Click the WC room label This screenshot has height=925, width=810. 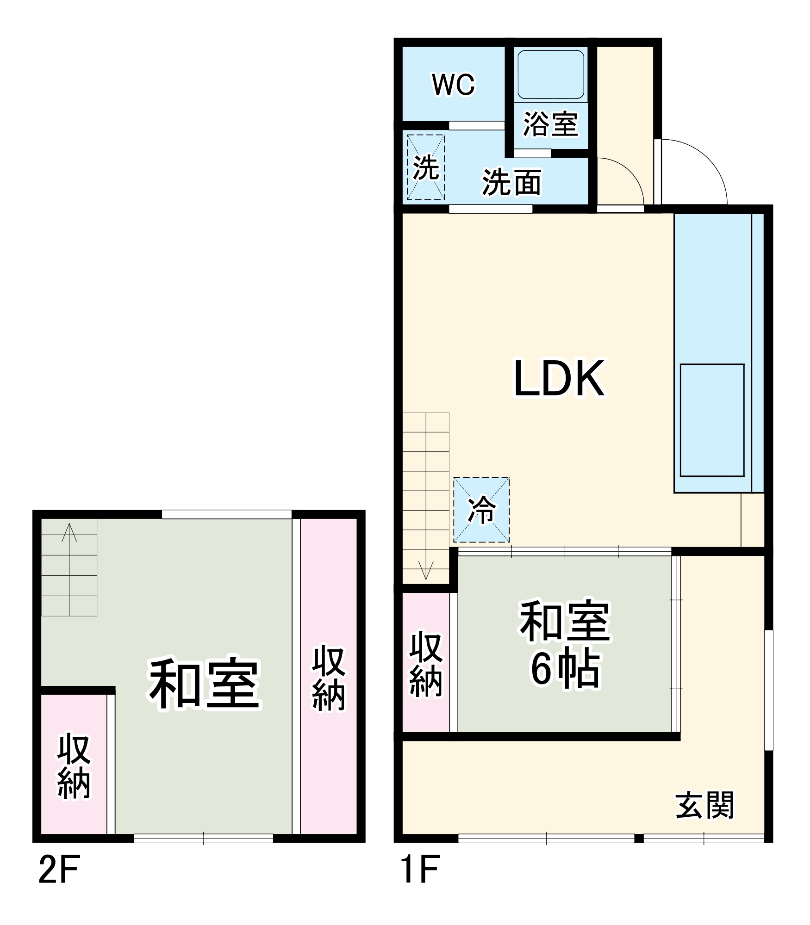(453, 85)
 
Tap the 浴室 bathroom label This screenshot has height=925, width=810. (550, 124)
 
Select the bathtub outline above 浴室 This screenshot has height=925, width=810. (550, 74)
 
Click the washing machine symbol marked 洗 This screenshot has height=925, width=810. (425, 167)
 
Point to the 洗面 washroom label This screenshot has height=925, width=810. (511, 182)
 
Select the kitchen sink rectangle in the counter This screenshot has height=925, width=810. (712, 420)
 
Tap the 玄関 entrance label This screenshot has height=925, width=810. (704, 805)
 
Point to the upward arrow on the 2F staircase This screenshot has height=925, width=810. (69, 532)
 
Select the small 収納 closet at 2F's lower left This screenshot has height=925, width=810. (74, 765)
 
